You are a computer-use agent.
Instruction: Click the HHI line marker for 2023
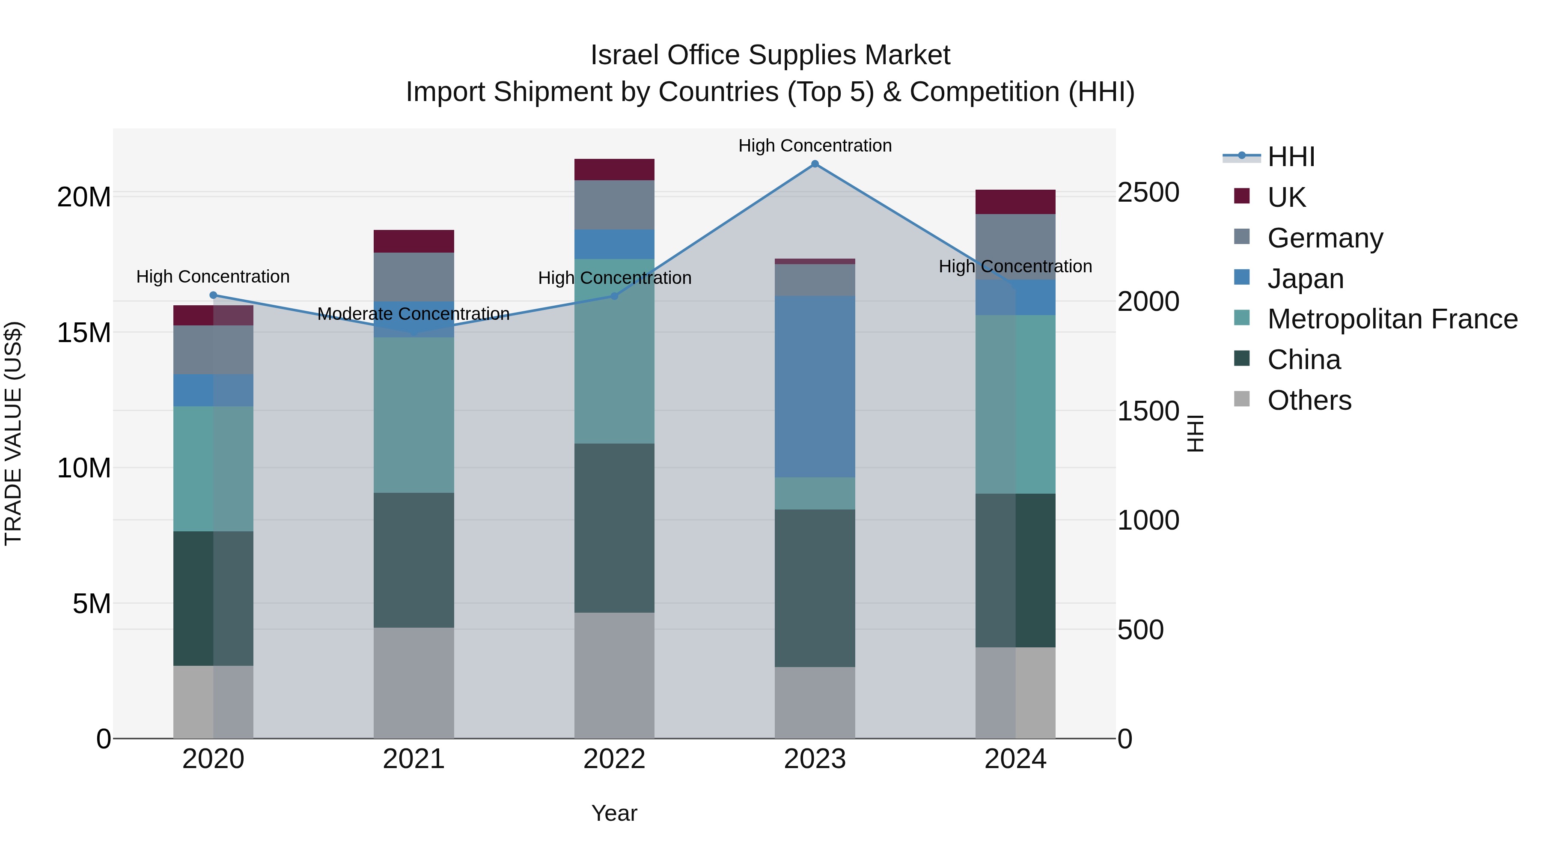[x=815, y=164]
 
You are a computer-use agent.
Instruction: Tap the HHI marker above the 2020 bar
[x=213, y=295]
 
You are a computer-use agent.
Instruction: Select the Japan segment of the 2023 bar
[x=815, y=387]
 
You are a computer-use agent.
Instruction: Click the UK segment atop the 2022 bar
[x=614, y=169]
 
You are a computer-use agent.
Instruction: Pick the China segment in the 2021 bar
[x=414, y=560]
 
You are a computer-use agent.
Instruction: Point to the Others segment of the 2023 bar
[x=815, y=703]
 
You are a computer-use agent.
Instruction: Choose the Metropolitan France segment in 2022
[x=614, y=351]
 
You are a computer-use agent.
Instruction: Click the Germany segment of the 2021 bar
[x=414, y=277]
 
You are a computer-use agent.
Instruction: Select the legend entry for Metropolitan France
[x=1392, y=319]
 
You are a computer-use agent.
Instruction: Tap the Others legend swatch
[x=1242, y=399]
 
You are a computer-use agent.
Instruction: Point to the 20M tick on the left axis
[x=84, y=197]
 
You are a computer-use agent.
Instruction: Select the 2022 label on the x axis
[x=614, y=759]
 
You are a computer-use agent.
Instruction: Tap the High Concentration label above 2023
[x=815, y=146]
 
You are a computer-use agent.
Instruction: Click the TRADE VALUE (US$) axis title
[x=13, y=433]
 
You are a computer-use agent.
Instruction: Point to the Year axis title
[x=614, y=813]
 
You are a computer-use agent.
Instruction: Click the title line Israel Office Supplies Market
[x=770, y=55]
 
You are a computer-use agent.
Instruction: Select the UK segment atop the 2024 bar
[x=1015, y=202]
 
